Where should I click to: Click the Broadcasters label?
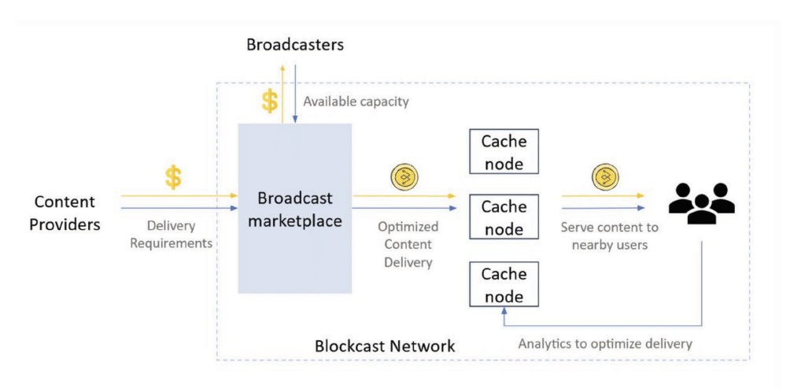coord(295,45)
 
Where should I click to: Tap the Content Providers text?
coord(65,213)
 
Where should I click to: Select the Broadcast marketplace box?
coord(295,208)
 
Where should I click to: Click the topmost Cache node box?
coord(504,152)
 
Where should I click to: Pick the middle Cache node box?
coord(504,217)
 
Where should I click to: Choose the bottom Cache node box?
coord(504,284)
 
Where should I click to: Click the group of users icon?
coord(701,203)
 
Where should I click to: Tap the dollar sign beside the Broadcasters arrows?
coord(270,101)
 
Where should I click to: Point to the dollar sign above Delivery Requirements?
coord(173,177)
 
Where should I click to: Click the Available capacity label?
coord(356,102)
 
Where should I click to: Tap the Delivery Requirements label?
coord(171,235)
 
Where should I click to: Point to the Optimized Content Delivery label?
coord(408,244)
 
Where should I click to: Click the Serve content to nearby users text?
coord(610,236)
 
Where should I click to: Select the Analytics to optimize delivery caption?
coord(605,344)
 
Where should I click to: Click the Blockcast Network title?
coord(385,346)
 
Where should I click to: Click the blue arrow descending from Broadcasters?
coord(295,93)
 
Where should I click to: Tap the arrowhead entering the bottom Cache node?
coord(504,310)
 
